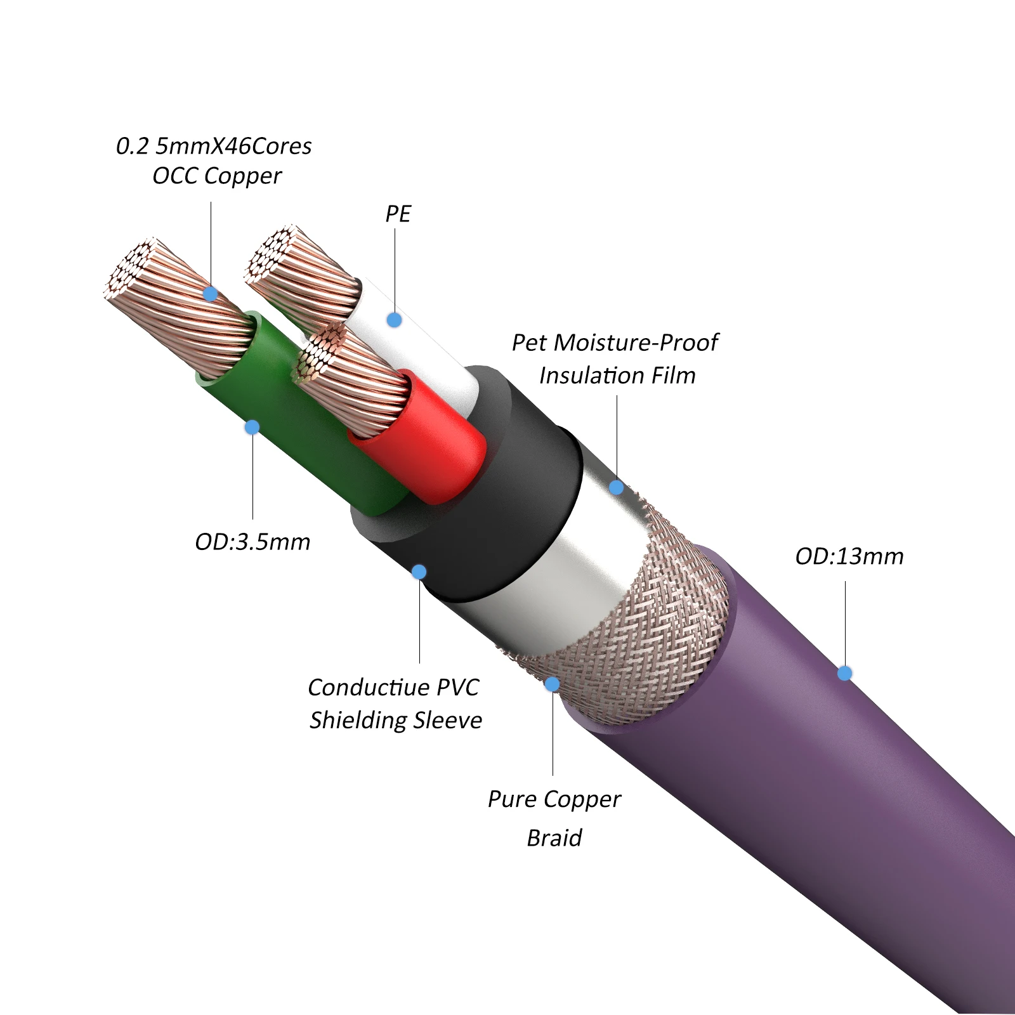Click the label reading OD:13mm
849,556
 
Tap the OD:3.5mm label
252,542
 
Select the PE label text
398,214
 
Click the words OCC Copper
217,176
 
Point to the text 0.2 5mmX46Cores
214,147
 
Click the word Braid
554,838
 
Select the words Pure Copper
554,799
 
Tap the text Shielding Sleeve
395,721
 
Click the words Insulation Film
617,376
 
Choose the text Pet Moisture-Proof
615,343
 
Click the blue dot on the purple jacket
844,673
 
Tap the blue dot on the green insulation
252,427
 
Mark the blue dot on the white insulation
394,320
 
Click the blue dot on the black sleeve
419,572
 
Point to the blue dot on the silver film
616,487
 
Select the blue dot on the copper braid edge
553,684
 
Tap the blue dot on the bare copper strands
211,294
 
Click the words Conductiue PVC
393,688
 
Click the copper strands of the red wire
355,381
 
